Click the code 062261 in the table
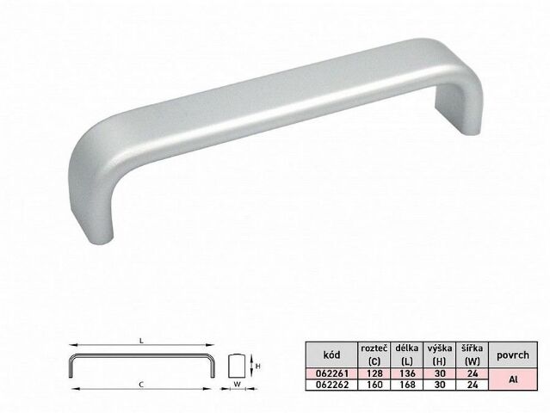click(332, 373)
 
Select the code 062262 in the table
click(332, 385)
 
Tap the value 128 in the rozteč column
click(374, 373)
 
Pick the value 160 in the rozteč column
click(374, 385)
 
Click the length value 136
click(407, 373)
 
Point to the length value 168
click(407, 385)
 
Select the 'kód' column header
click(332, 354)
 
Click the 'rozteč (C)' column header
click(374, 354)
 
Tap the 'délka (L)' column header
click(407, 354)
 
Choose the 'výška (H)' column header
click(440, 354)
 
